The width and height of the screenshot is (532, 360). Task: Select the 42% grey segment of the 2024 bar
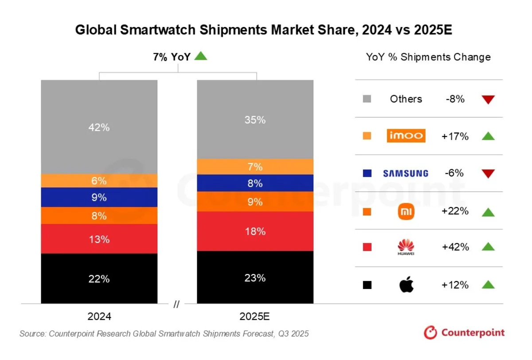99,127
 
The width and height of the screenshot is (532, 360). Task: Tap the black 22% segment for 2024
99,278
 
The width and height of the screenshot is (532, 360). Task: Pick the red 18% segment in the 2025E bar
255,231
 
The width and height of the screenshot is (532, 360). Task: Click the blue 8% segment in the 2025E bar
255,183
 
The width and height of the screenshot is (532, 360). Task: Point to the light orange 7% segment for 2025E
255,167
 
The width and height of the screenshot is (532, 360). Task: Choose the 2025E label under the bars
255,317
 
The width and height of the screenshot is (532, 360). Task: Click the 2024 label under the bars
99,317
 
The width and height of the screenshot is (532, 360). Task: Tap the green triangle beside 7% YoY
201,56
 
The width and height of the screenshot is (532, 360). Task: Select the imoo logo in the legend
406,136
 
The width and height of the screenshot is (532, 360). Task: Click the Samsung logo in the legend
406,173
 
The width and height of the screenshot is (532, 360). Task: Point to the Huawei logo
406,247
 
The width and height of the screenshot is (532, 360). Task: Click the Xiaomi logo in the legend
406,211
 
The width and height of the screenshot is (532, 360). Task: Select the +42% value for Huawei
455,247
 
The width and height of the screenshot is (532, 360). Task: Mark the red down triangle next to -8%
488,100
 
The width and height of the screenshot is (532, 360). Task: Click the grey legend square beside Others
367,99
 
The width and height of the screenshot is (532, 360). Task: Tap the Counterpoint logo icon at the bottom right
430,333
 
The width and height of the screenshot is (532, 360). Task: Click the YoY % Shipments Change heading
428,57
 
